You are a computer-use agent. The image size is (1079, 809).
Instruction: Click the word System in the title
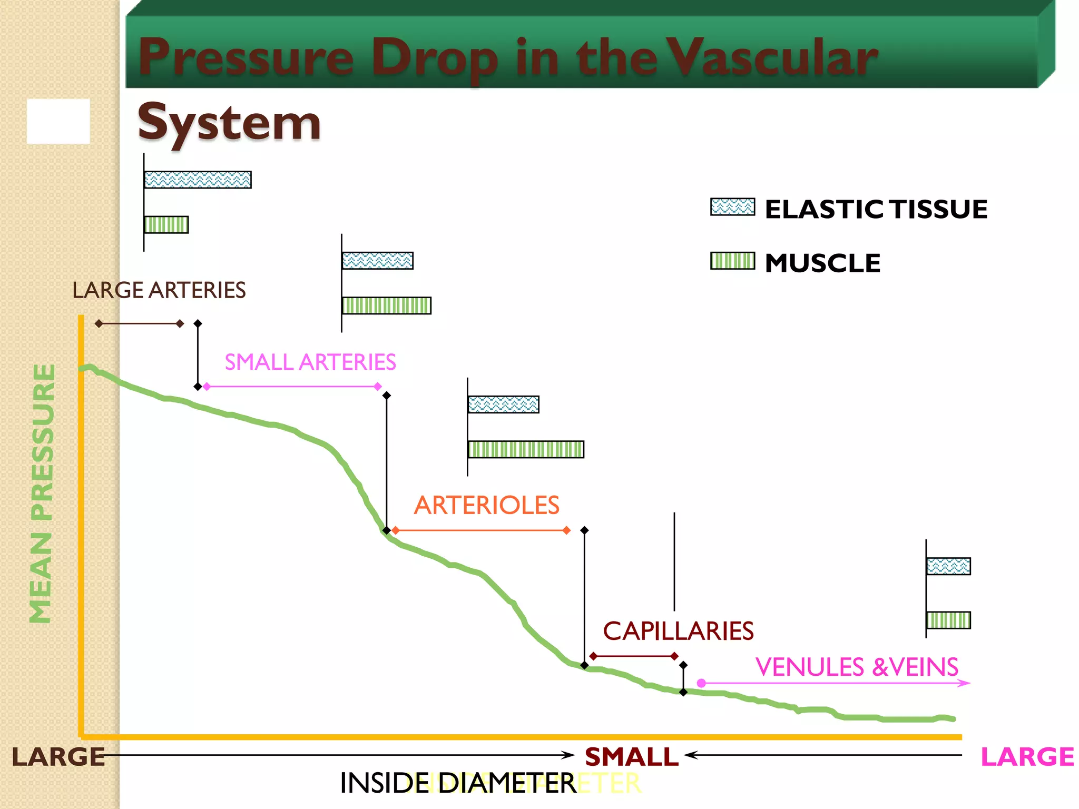click(229, 123)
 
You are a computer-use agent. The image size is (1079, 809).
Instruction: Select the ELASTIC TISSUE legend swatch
click(732, 207)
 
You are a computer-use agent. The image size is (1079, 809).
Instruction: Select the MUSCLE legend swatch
click(732, 261)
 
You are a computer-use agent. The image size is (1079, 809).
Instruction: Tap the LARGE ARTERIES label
click(159, 290)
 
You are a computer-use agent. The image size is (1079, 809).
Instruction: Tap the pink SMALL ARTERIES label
click(310, 362)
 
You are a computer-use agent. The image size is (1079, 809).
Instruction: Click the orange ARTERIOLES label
click(486, 506)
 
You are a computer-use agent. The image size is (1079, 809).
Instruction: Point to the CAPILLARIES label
click(678, 631)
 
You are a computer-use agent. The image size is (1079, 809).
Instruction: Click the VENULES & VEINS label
click(856, 667)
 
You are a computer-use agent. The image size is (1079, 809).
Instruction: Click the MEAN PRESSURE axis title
click(42, 494)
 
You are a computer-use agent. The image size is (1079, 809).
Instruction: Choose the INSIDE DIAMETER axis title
click(458, 783)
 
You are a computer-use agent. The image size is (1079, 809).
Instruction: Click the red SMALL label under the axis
click(631, 757)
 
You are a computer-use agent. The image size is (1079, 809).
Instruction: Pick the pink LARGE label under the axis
click(1027, 757)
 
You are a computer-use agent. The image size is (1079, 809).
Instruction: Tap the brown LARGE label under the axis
click(58, 757)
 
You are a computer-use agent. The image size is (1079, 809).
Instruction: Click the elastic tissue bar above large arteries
click(198, 180)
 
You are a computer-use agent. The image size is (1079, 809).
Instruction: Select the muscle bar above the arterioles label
click(526, 449)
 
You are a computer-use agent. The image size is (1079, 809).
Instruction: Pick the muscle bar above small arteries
click(386, 305)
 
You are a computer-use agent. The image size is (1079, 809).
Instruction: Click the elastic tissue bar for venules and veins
click(948, 566)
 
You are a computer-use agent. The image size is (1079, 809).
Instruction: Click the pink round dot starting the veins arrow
click(701, 683)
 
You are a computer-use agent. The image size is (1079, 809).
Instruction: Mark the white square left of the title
click(58, 121)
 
